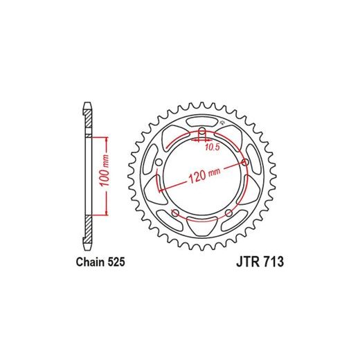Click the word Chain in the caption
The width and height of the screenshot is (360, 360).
(x=90, y=262)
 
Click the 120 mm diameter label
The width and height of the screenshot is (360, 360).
(x=205, y=174)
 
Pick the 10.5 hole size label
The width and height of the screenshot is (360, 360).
(x=213, y=147)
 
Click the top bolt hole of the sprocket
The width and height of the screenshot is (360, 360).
(x=202, y=132)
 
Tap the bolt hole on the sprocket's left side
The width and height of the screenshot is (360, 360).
(x=159, y=163)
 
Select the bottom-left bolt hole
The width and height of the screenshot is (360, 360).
(x=175, y=213)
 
